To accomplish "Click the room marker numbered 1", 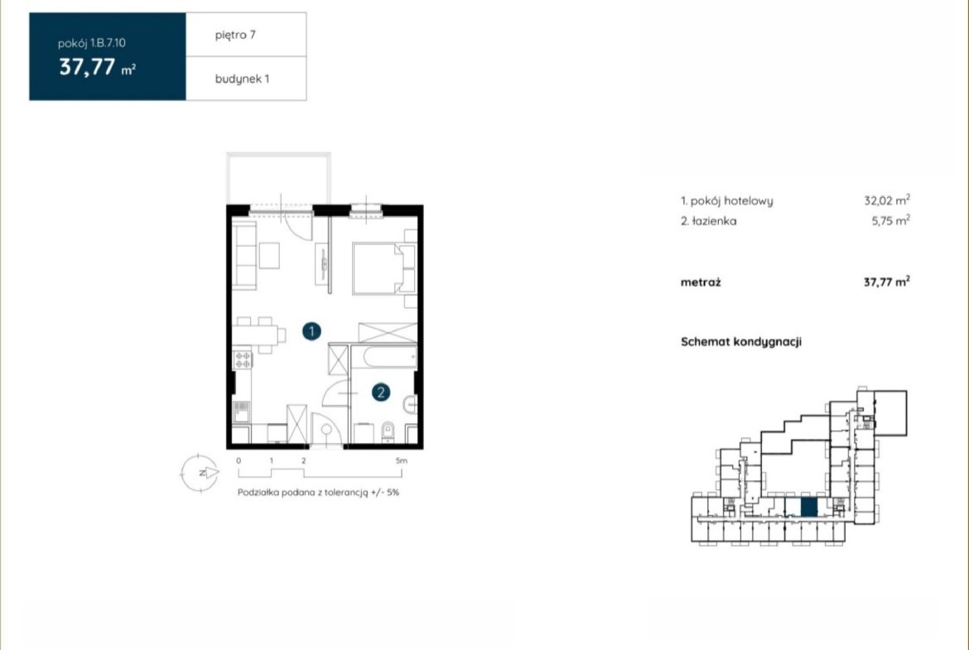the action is click(311, 331).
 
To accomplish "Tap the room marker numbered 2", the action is click(381, 392).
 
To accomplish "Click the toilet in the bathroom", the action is click(388, 431).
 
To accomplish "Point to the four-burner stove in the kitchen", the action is click(243, 360).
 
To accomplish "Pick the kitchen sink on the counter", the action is click(241, 412).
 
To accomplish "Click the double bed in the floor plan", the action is click(383, 268).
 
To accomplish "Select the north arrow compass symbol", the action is click(200, 474).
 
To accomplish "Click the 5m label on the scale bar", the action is click(401, 460).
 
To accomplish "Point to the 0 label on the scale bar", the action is click(239, 460).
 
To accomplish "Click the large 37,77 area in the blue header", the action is click(87, 67).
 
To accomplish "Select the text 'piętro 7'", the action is click(235, 36).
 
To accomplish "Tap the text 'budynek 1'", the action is click(242, 79).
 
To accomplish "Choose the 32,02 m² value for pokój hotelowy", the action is click(887, 200).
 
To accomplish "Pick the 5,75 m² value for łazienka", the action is click(890, 220).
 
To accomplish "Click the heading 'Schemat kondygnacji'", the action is click(741, 342).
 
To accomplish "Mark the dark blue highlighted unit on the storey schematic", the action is click(809, 508).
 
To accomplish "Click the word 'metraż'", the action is click(701, 282).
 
